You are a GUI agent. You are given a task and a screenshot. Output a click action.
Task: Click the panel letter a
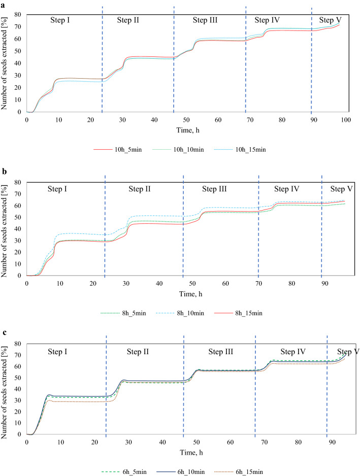tap(3, 5)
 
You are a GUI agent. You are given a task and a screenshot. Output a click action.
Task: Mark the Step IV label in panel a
tap(267, 20)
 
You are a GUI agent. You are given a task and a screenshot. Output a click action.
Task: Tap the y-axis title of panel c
tap(6, 388)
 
